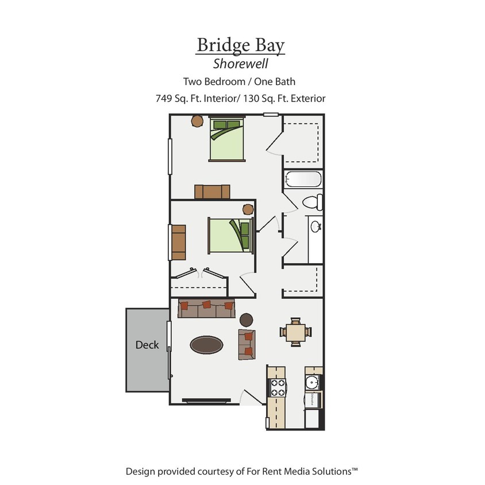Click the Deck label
[x=147, y=345]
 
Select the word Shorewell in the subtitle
[x=241, y=64]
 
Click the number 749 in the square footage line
[x=164, y=98]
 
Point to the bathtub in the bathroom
[x=302, y=179]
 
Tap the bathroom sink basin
[x=315, y=226]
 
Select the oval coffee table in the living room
[x=207, y=345]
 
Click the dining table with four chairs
[x=295, y=332]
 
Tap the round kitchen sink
[x=313, y=382]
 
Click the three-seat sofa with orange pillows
[x=206, y=309]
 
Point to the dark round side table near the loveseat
[x=246, y=320]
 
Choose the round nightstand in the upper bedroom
[x=197, y=121]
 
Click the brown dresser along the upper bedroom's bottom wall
[x=212, y=191]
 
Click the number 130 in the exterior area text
[x=251, y=98]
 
